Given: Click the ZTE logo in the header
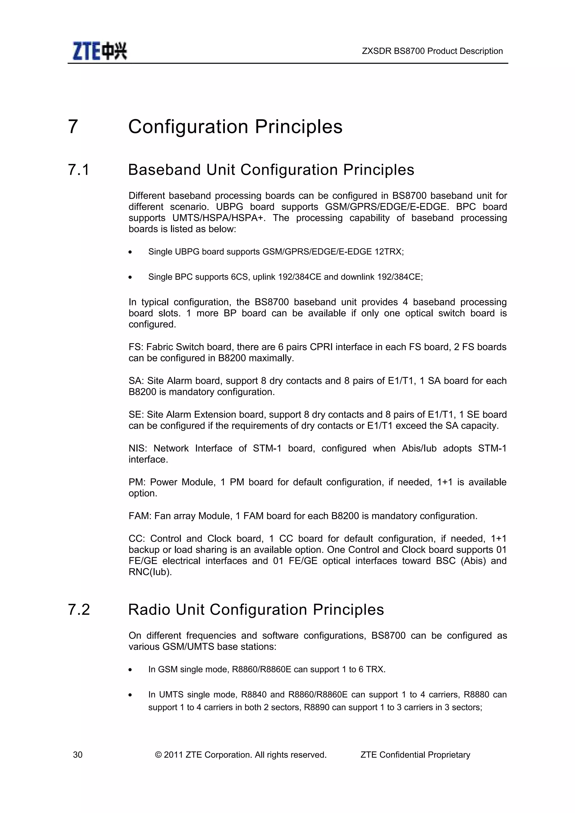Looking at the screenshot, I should (100, 51).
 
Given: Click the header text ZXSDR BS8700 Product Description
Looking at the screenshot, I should (432, 51).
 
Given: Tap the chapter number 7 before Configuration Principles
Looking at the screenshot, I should (73, 127).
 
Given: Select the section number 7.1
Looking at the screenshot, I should (79, 170).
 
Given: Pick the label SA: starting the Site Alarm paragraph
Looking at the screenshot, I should (136, 381).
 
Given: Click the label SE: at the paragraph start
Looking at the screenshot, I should (136, 414).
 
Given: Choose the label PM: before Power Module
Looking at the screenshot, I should (137, 482).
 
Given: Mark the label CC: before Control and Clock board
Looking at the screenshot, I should (137, 539).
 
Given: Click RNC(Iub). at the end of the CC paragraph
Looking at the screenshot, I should (150, 572).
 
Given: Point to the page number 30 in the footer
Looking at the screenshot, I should (77, 755).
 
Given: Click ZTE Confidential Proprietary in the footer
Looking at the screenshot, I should (415, 755).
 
